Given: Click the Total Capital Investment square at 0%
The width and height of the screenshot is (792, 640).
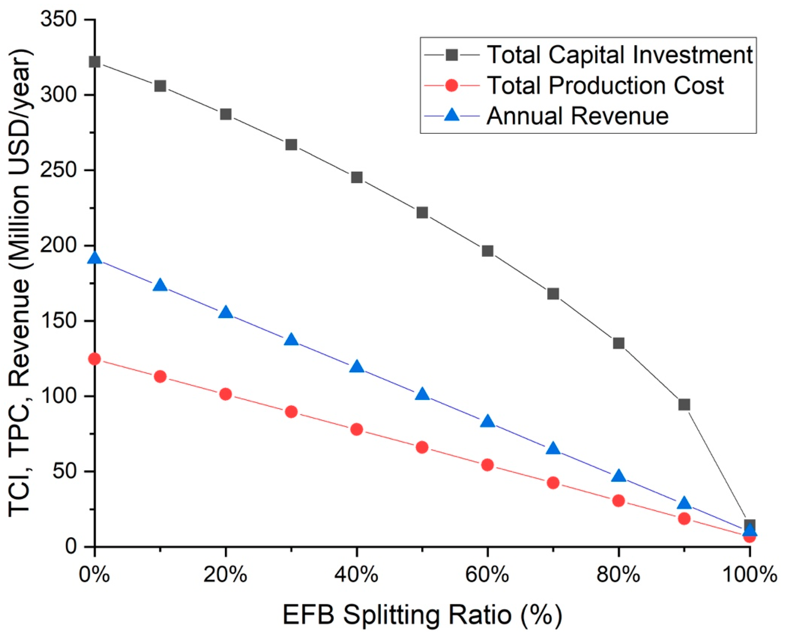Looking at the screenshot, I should (95, 62).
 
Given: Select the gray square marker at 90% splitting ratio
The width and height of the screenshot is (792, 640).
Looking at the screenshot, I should (684, 405).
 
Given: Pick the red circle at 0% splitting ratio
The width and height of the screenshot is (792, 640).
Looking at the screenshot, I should (95, 359).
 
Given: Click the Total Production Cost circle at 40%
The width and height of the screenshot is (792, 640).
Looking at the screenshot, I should (356, 429).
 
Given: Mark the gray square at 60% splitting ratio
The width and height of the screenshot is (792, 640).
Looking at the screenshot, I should (488, 251).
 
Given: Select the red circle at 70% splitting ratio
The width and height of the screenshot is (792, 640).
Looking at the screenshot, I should (553, 483).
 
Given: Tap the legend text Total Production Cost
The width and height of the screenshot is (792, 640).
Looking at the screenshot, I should (605, 86).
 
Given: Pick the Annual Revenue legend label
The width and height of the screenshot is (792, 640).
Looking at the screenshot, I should (577, 116).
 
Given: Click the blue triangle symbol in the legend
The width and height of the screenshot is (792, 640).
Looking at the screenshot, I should (452, 116).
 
